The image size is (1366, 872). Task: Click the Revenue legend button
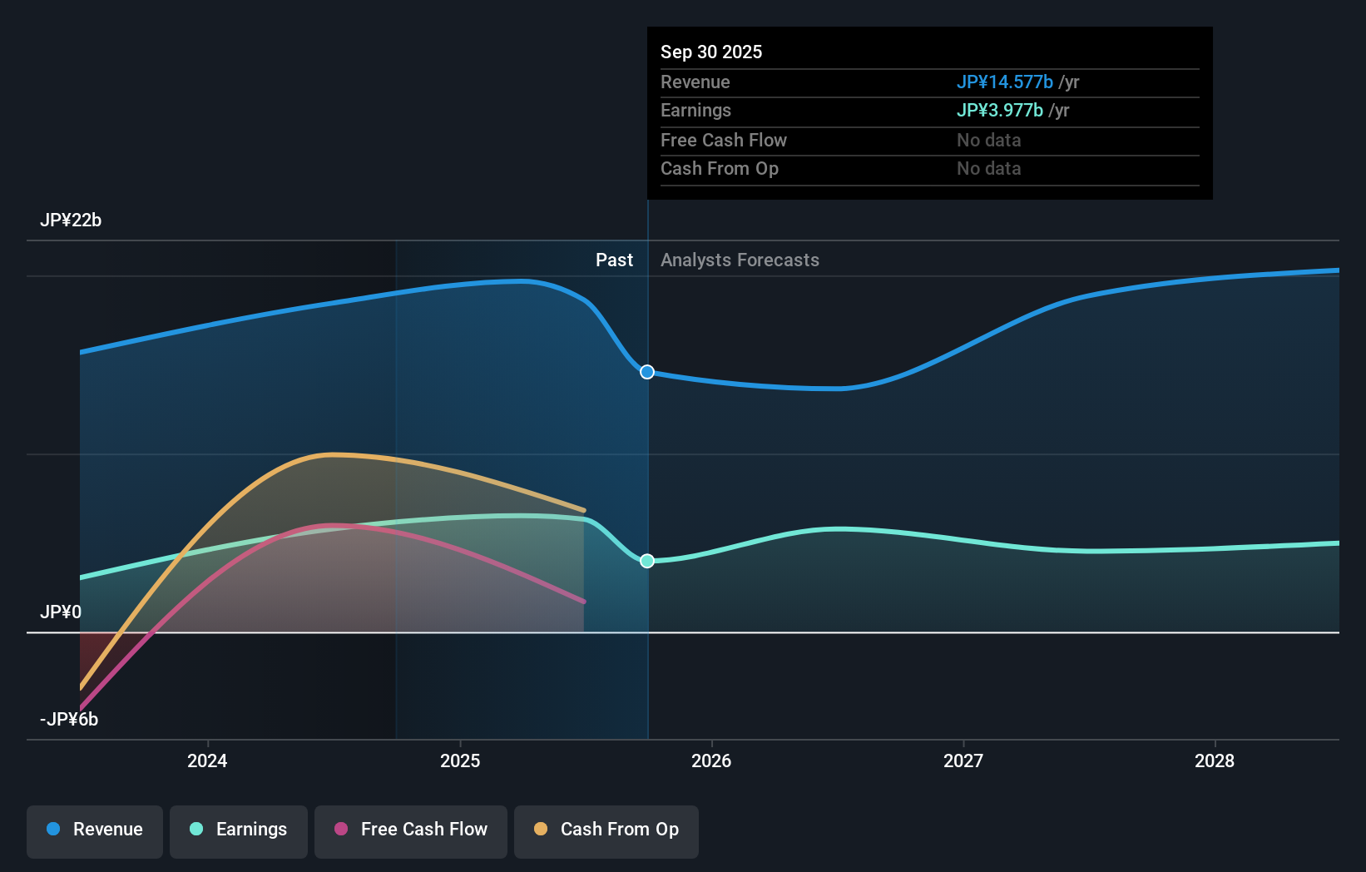point(95,830)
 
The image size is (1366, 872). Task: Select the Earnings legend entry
point(239,830)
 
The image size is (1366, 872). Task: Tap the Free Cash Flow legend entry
point(411,830)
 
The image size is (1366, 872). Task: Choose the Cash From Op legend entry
point(606,830)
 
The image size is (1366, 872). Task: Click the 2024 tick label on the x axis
point(207,761)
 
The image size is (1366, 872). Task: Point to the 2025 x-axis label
point(460,761)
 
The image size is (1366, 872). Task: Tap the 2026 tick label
point(711,761)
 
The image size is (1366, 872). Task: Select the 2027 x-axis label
point(963,761)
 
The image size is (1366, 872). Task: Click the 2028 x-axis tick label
point(1215,761)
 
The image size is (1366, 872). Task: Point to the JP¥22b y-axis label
point(71,220)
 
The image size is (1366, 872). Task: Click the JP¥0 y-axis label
point(61,612)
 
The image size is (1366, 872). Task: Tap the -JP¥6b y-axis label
point(69,720)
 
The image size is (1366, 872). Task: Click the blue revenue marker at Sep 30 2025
point(647,372)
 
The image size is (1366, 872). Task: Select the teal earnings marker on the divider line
point(647,561)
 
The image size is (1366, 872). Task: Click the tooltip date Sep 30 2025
point(711,52)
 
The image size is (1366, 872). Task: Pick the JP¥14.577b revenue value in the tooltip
point(1004,82)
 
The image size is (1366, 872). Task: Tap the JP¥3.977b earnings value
point(999,111)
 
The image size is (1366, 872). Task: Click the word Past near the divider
point(614,260)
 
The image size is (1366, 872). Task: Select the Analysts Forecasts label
point(740,260)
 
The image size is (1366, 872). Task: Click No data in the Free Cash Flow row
point(988,141)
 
